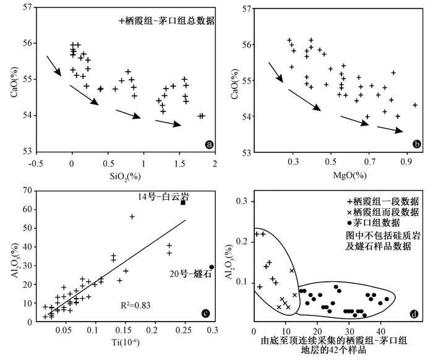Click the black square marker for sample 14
pos(183,202)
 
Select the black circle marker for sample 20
pos(212,267)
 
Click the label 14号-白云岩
pos(163,195)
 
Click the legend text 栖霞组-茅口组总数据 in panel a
pos(171,20)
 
